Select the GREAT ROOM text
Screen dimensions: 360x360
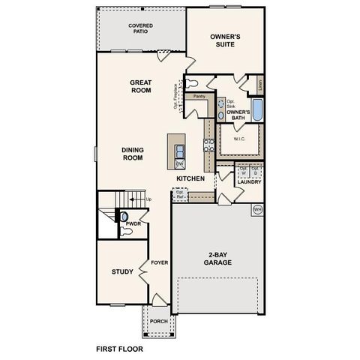click(x=140, y=86)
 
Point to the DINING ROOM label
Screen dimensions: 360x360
click(x=132, y=153)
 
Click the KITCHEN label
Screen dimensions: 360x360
click(x=190, y=178)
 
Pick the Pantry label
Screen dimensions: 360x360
click(x=199, y=97)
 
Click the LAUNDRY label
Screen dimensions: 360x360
click(x=247, y=181)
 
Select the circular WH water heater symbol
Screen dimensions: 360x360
click(x=257, y=208)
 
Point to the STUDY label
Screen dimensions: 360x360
click(x=123, y=271)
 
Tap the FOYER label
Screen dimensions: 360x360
click(x=159, y=263)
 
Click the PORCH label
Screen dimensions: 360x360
click(x=158, y=321)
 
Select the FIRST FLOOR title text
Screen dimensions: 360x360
click(x=119, y=349)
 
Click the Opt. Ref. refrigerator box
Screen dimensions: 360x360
click(x=181, y=194)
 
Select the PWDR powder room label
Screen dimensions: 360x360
click(x=133, y=223)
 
